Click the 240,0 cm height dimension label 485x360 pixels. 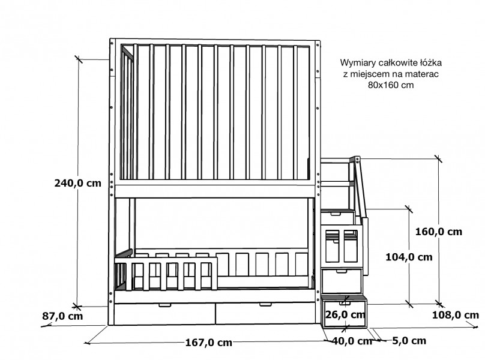tap(77, 183)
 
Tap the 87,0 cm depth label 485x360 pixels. tap(62, 316)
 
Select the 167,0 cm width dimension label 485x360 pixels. tap(208, 343)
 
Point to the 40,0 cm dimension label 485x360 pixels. tap(352, 341)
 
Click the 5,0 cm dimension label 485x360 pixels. tap(409, 341)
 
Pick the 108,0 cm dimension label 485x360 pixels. tap(456, 315)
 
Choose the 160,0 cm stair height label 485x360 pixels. tap(438, 232)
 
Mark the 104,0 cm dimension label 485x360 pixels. tap(409, 257)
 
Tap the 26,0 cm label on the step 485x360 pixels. tap(345, 314)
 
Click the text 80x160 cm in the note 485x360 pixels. tap(391, 85)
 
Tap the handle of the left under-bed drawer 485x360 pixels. tap(164, 305)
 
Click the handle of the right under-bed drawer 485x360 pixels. tap(265, 305)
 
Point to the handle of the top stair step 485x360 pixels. tap(336, 214)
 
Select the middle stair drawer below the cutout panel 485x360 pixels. tap(342, 281)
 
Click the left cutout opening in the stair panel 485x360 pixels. tap(332, 246)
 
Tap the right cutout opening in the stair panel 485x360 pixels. tap(351, 246)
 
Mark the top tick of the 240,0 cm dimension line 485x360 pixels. tap(79, 59)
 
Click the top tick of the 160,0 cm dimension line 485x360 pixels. tap(438, 158)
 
